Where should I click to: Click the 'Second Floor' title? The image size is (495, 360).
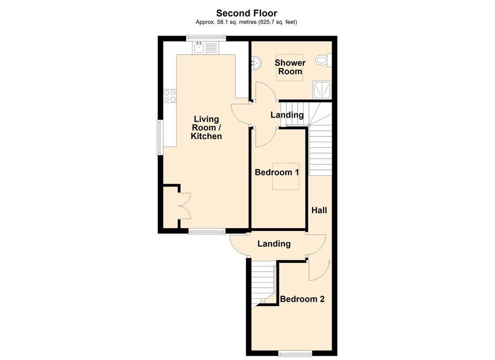pyautogui.click(x=247, y=13)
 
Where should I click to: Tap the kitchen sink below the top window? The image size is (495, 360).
pyautogui.click(x=205, y=48)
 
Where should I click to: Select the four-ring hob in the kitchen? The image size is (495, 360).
pyautogui.click(x=170, y=96)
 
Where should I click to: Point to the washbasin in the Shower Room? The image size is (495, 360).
pyautogui.click(x=256, y=63)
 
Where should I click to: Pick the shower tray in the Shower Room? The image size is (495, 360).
pyautogui.click(x=322, y=90)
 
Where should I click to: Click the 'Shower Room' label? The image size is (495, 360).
pyautogui.click(x=290, y=67)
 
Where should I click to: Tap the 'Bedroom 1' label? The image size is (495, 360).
pyautogui.click(x=277, y=173)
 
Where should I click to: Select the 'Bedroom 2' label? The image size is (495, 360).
pyautogui.click(x=302, y=299)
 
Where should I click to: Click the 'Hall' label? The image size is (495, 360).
pyautogui.click(x=319, y=210)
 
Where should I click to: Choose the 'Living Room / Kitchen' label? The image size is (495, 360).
pyautogui.click(x=206, y=128)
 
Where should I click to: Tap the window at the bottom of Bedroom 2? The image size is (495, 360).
pyautogui.click(x=295, y=353)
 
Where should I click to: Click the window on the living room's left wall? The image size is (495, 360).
pyautogui.click(x=160, y=137)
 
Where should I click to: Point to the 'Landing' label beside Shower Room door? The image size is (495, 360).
pyautogui.click(x=287, y=115)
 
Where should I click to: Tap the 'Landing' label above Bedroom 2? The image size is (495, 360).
pyautogui.click(x=274, y=244)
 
